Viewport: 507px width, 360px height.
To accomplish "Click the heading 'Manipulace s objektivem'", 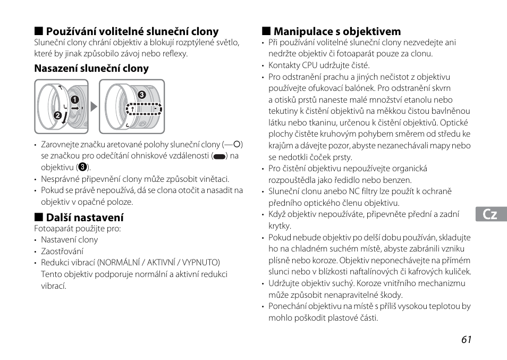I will pyautogui.click(x=337, y=31).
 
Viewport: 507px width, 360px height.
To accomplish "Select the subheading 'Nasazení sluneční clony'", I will pyautogui.click(x=91, y=68).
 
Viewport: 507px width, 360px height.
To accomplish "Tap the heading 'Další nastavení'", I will pyautogui.click(x=84, y=217).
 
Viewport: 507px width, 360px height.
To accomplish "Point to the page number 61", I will pyautogui.click(x=466, y=340).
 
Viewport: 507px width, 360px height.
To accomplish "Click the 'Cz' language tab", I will pyautogui.click(x=491, y=214).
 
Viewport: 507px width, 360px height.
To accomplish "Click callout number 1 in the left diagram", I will pyautogui.click(x=75, y=99).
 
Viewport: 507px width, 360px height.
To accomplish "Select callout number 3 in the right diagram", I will pyautogui.click(x=141, y=95).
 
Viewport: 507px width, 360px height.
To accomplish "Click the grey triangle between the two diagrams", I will pyautogui.click(x=94, y=106).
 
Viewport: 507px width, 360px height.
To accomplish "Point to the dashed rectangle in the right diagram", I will pyautogui.click(x=143, y=108).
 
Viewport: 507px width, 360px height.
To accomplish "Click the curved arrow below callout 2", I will pyautogui.click(x=64, y=119).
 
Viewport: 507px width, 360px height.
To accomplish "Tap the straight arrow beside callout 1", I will pyautogui.click(x=75, y=108).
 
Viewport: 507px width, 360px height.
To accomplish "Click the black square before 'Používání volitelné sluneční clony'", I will pyautogui.click(x=38, y=31).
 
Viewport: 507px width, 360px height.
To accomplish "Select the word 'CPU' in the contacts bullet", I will pyautogui.click(x=309, y=65).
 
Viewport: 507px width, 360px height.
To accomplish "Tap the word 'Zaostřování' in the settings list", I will pyautogui.click(x=62, y=251).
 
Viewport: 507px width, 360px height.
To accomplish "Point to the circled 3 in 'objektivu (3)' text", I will pyautogui.click(x=83, y=168).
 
